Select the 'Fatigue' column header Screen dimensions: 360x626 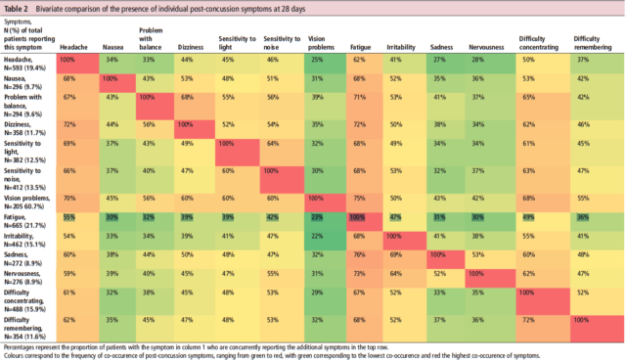coord(363,46)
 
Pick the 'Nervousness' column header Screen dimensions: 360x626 coord(485,46)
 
